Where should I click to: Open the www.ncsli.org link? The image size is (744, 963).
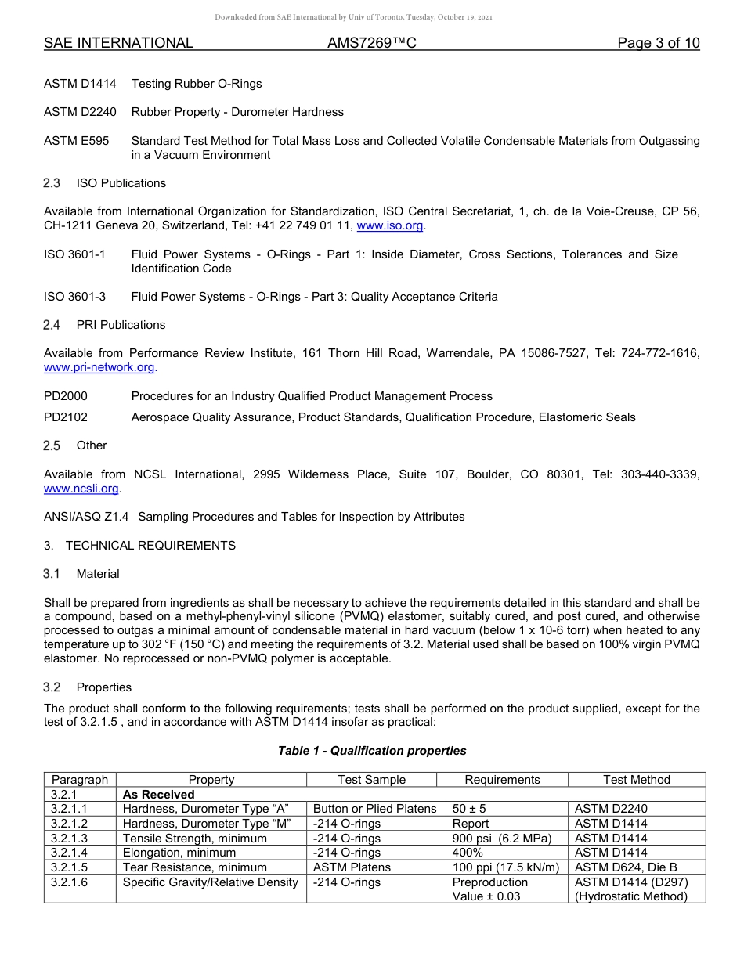pos(81,489)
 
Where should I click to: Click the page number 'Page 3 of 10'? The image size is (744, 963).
pos(658,43)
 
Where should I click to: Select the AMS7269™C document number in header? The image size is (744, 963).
pos(371,43)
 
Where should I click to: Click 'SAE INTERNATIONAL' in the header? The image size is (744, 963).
pos(118,43)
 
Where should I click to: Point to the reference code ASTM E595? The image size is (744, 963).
pos(77,141)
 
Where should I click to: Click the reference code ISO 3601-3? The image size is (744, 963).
pos(75,297)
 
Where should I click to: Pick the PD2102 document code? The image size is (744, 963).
pos(66,417)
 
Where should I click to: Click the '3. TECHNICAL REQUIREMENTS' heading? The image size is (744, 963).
pos(139,546)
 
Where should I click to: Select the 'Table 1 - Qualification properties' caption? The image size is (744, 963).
pos(372,751)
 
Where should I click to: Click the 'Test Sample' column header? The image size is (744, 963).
pos(371,780)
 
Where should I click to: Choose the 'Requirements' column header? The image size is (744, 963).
pos(502,780)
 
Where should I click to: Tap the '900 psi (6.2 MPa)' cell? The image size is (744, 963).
pos(502,839)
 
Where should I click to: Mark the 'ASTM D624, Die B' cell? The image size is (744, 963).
pos(626,867)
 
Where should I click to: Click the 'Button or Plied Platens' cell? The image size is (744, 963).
pos(374,809)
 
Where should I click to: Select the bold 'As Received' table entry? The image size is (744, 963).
pos(159,795)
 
